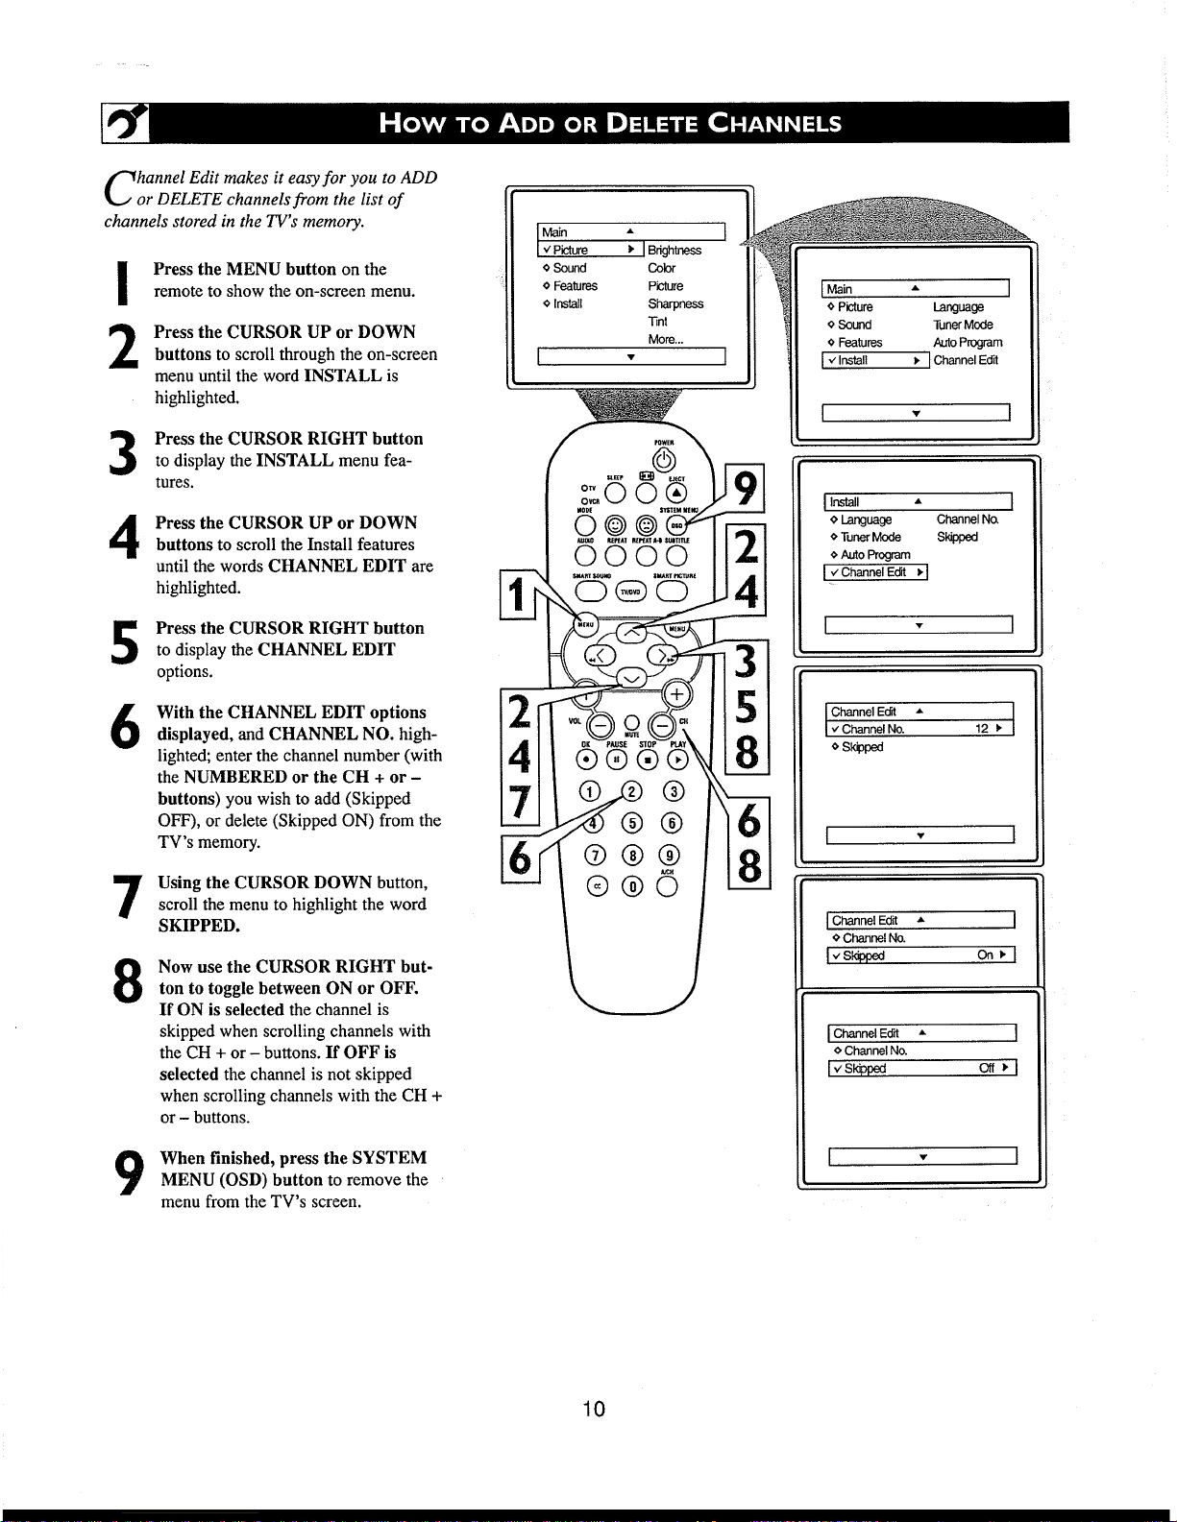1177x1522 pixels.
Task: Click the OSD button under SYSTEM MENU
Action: [x=676, y=525]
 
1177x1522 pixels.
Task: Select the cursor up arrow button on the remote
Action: [x=631, y=632]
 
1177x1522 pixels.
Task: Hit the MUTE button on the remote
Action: [x=631, y=723]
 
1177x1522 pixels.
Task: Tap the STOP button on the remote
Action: [x=648, y=761]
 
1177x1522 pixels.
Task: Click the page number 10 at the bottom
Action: [x=594, y=1409]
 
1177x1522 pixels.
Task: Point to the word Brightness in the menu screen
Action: [x=674, y=251]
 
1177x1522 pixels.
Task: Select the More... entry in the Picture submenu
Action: [x=665, y=339]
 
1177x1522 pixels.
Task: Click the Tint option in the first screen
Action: [x=657, y=322]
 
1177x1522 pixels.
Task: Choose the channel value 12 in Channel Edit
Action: [x=982, y=729]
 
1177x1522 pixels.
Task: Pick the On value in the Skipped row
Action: [x=985, y=955]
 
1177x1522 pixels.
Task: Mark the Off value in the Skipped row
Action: [x=987, y=1068]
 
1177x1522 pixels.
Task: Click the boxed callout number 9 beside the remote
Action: [x=747, y=488]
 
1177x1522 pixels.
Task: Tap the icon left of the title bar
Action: [x=124, y=123]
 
